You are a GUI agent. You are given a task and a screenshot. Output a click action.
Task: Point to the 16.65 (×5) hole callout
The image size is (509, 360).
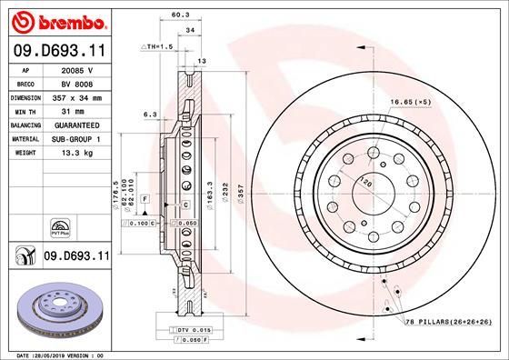[x=407, y=104]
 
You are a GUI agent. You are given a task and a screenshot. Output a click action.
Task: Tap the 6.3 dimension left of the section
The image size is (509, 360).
[x=150, y=115]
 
